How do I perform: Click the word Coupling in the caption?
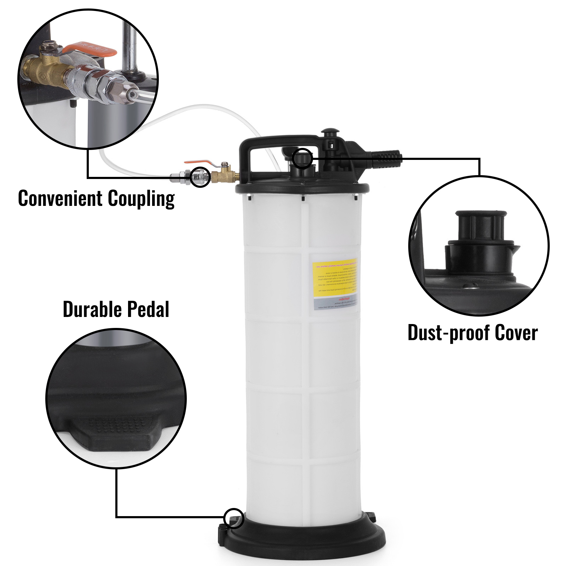[141, 199]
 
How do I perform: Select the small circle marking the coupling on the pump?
[200, 177]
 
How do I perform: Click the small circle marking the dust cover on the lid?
[302, 158]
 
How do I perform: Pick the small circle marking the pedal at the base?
[234, 519]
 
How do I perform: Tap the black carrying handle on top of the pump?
[276, 142]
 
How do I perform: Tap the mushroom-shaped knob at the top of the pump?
[330, 133]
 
